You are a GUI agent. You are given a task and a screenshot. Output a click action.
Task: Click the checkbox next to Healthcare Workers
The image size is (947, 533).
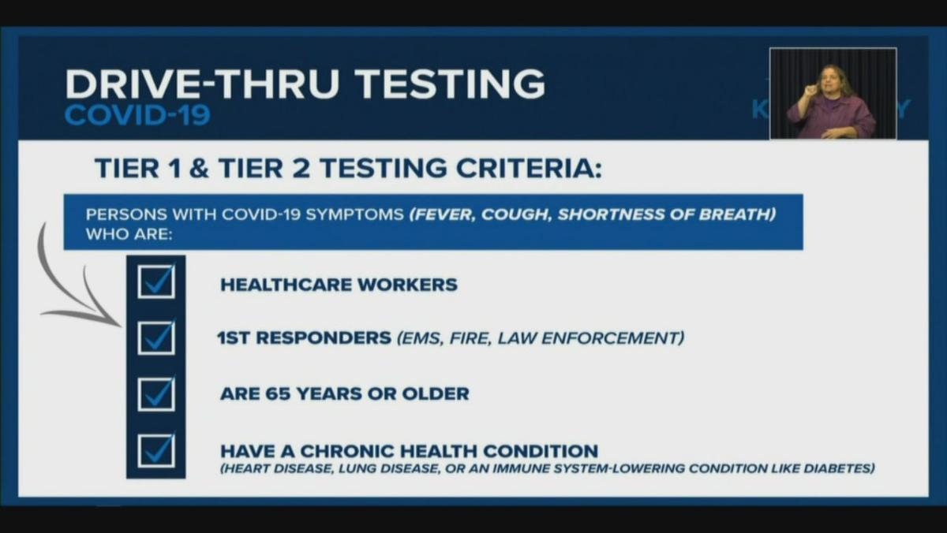(156, 281)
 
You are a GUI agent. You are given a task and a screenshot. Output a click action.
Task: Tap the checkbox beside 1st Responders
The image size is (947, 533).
(156, 338)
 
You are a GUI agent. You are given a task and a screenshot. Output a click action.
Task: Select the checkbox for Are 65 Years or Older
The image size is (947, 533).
(156, 394)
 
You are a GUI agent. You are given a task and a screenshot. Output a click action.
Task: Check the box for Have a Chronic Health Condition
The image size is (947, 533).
(156, 451)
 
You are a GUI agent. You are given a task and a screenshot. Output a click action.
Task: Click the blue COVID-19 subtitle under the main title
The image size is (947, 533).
(137, 115)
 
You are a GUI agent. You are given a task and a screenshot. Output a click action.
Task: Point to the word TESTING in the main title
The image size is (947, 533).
(449, 84)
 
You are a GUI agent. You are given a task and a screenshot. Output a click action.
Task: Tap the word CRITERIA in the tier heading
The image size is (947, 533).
(529, 168)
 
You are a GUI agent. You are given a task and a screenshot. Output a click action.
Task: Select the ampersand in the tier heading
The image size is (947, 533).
(199, 168)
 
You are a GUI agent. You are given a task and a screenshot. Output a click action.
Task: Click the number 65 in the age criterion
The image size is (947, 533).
(278, 394)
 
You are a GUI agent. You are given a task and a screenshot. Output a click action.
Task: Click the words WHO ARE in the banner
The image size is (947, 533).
(129, 234)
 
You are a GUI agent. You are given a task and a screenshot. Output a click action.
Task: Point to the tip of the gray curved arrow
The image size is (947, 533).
(121, 326)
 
